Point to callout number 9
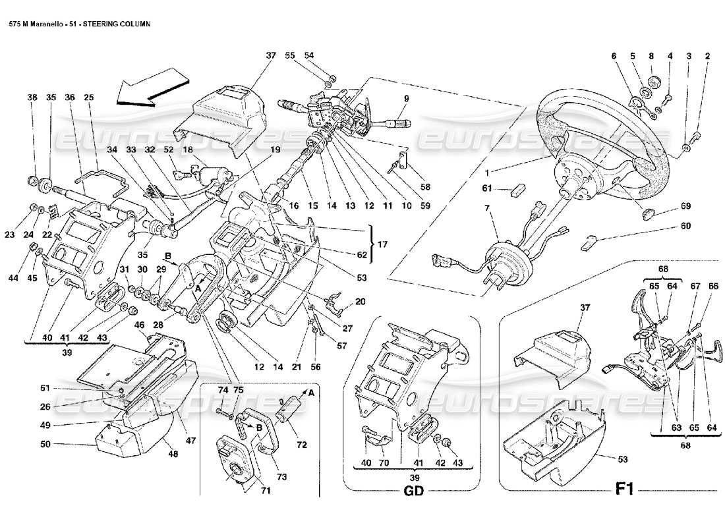coord(407,99)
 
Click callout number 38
coord(32,96)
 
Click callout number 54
coord(309,56)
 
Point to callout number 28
coord(158,325)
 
